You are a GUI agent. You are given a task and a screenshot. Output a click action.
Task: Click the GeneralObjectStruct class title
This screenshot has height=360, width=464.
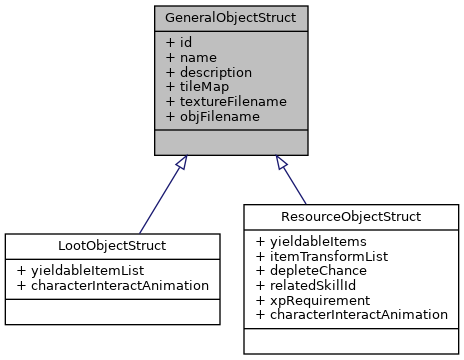pyautogui.click(x=231, y=17)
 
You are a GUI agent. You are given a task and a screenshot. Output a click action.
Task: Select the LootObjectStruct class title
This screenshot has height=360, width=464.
pyautogui.click(x=112, y=245)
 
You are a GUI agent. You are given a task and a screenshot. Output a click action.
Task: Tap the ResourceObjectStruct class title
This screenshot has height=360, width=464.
pyautogui.click(x=351, y=215)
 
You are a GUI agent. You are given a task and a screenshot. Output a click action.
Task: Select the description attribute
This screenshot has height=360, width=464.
pyautogui.click(x=208, y=73)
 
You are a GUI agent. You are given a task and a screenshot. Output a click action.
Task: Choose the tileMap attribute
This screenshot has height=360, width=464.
pyautogui.click(x=196, y=87)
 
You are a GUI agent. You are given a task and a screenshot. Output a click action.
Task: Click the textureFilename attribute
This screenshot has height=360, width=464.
pyautogui.click(x=226, y=101)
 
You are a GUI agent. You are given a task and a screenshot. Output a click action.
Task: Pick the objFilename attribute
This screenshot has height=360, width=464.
pyautogui.click(x=212, y=116)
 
